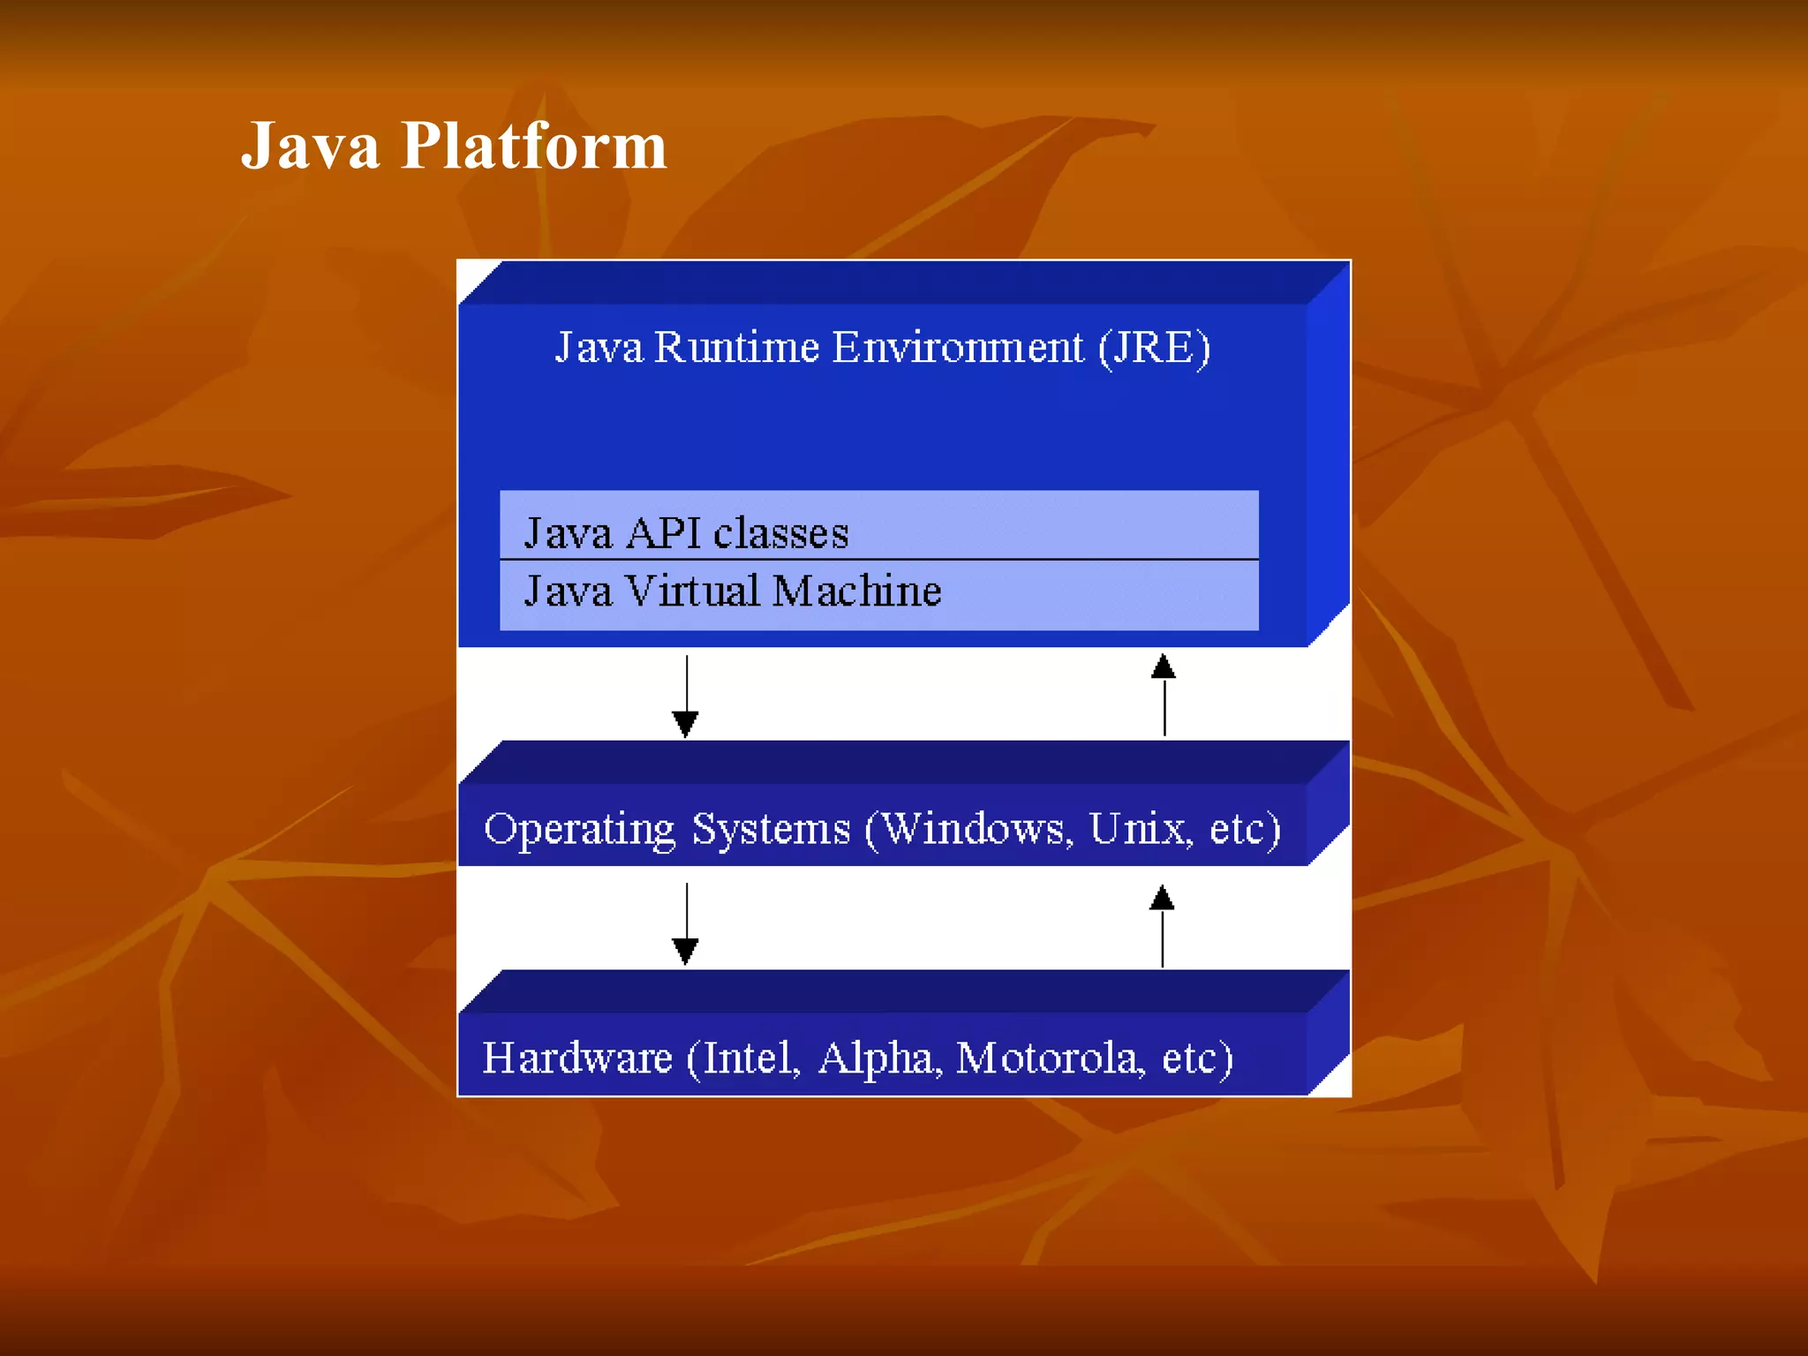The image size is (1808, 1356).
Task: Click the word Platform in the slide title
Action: pyautogui.click(x=533, y=146)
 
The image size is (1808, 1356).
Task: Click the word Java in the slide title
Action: pyautogui.click(x=310, y=146)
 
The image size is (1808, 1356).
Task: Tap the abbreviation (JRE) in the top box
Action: pyautogui.click(x=1154, y=347)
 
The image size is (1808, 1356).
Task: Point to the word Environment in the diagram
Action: pyautogui.click(x=958, y=347)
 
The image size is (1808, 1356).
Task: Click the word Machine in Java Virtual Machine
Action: pyautogui.click(x=856, y=591)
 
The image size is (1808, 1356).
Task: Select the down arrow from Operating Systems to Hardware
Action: pyautogui.click(x=686, y=923)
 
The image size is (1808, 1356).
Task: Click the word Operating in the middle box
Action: pyautogui.click(x=579, y=830)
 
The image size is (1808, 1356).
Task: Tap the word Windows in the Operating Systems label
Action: pyautogui.click(x=976, y=828)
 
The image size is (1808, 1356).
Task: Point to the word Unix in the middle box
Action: pyautogui.click(x=1140, y=828)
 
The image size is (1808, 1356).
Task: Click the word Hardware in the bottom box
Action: pyautogui.click(x=577, y=1058)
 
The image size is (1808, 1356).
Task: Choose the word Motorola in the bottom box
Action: pyautogui.click(x=1050, y=1058)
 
